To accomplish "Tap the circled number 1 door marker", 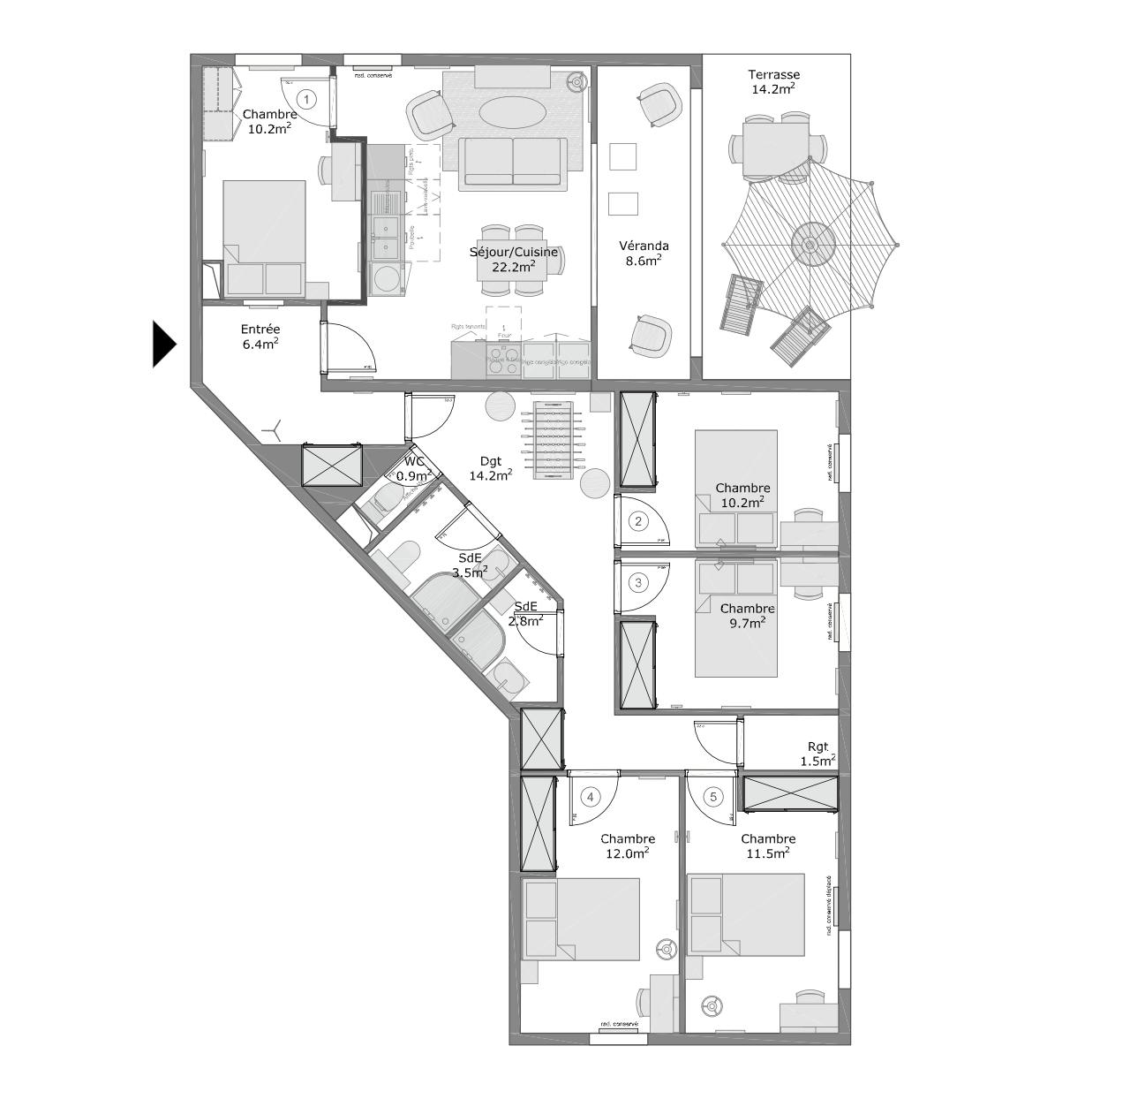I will tap(306, 99).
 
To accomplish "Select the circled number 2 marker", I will tap(638, 521).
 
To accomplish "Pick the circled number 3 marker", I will tap(638, 582).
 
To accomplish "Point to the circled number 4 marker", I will tap(590, 797).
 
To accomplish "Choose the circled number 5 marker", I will tap(713, 797).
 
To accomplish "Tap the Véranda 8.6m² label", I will tap(644, 253).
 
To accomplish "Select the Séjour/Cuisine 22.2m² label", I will tap(514, 259).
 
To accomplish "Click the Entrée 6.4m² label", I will tap(260, 337).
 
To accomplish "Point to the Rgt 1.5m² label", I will tap(817, 753).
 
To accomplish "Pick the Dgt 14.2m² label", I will tap(490, 467).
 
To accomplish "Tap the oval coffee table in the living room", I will tap(511, 112).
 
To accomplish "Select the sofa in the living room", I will tap(513, 163).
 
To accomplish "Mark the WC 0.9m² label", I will tap(414, 468).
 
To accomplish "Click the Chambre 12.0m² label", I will tap(628, 845).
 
